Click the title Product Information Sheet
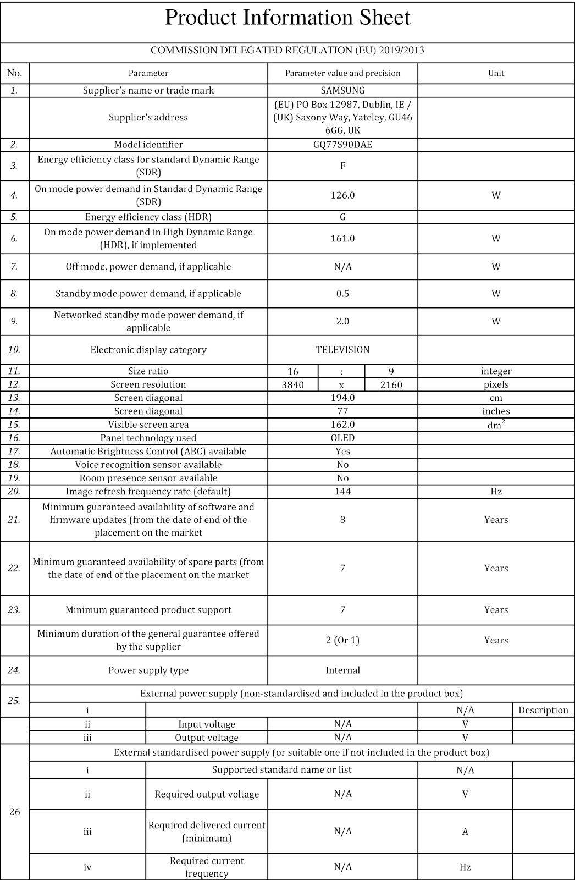click(287, 18)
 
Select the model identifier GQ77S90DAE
click(342, 145)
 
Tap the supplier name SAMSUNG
click(342, 90)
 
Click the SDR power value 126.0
click(342, 195)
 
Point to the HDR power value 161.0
click(342, 239)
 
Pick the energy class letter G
click(342, 217)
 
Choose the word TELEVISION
click(342, 350)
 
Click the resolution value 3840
click(292, 385)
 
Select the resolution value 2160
click(391, 385)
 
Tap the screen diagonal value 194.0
click(342, 398)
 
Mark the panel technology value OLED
click(342, 438)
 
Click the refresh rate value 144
click(342, 491)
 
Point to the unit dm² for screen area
click(496, 425)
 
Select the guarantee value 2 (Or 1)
click(342, 640)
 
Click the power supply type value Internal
click(342, 670)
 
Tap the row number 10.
click(14, 350)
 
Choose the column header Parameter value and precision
click(342, 73)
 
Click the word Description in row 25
click(543, 710)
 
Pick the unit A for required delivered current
click(465, 832)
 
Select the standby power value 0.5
click(342, 294)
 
